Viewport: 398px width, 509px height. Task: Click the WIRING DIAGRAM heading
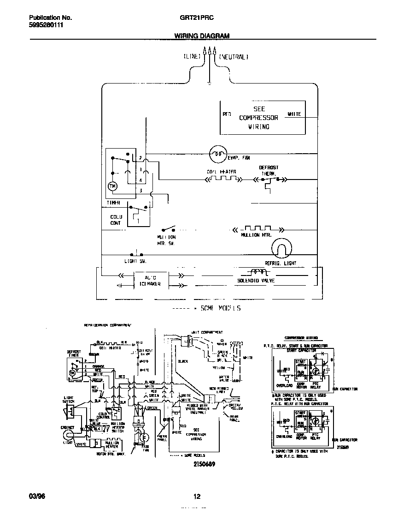coord(202,36)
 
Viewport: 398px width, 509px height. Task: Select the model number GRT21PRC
coord(196,18)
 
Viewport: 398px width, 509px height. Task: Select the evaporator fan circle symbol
coord(217,155)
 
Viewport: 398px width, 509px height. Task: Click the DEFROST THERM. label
coord(269,171)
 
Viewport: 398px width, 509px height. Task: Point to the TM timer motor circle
coord(112,186)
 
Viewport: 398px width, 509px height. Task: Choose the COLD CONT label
coord(116,220)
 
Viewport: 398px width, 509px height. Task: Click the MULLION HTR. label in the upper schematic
coord(257,235)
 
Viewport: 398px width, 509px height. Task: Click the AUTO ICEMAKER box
coord(150,281)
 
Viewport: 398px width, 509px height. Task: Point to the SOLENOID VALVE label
coord(256,280)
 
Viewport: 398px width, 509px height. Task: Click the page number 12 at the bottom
coord(197,497)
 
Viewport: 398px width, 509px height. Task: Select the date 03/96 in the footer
coord(36,497)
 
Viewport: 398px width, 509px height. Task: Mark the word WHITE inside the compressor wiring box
coord(294,114)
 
